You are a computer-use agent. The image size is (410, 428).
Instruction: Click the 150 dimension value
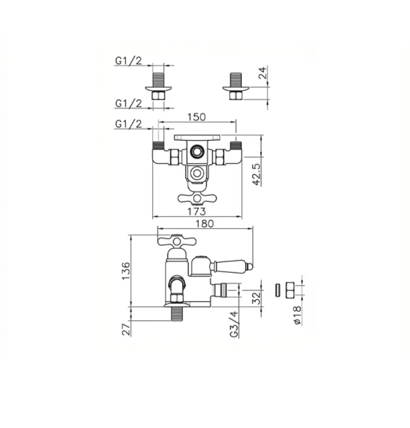point(196,117)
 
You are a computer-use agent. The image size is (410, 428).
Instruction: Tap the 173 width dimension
point(196,211)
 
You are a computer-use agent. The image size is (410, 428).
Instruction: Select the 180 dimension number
point(204,224)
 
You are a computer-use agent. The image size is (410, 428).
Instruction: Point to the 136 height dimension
point(126,271)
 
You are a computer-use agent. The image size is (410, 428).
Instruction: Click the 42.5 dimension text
point(257,175)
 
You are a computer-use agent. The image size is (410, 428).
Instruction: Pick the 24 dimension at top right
point(263,73)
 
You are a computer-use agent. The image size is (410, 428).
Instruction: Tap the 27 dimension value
point(126,330)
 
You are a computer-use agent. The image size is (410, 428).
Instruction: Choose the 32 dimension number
point(256,298)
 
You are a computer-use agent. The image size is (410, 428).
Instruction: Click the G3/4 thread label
point(234,324)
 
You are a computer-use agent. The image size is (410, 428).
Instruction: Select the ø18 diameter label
point(297,315)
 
